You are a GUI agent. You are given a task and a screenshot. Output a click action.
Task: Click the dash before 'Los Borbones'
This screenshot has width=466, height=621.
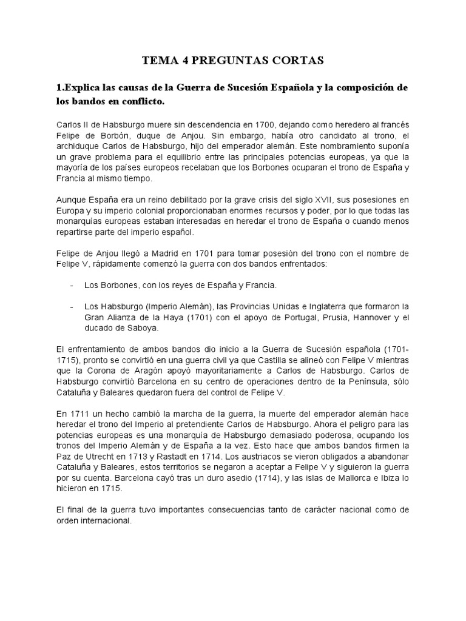coord(72,285)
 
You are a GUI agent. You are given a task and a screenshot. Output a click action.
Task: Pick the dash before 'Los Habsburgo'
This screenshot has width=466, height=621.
coord(72,306)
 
